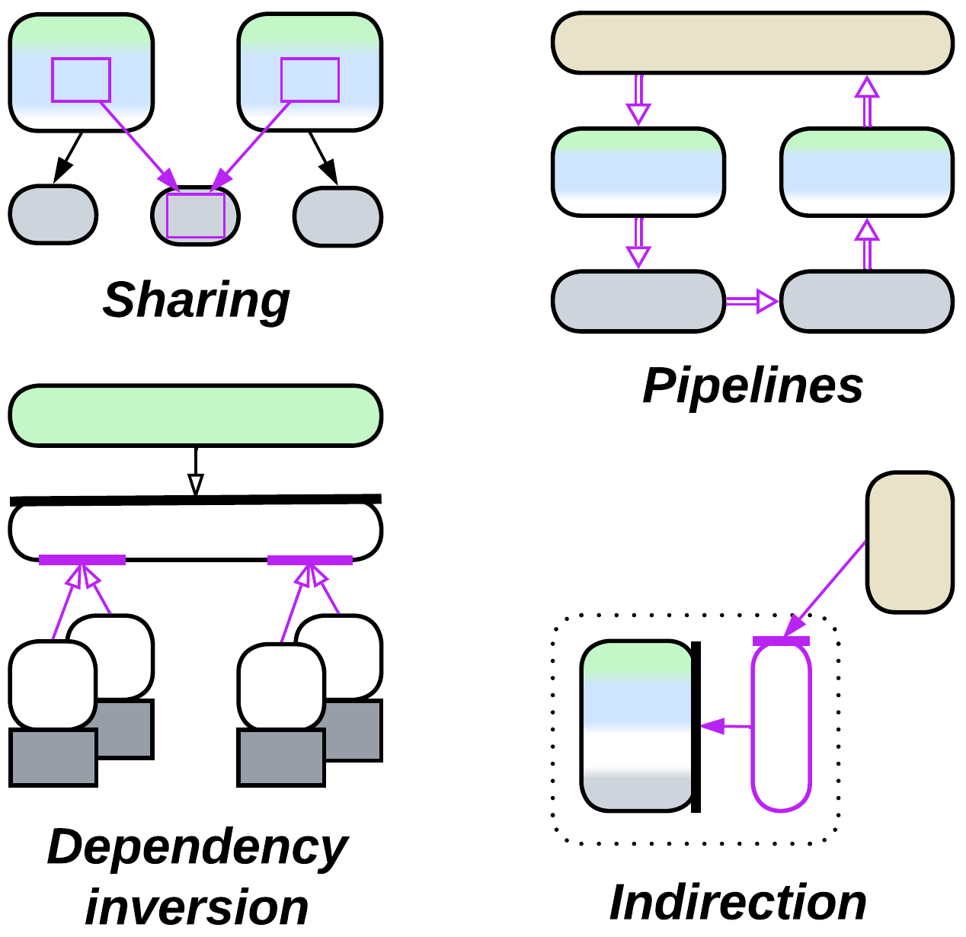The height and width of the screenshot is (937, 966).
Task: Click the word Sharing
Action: tap(196, 300)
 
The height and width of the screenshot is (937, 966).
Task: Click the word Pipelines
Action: tap(753, 385)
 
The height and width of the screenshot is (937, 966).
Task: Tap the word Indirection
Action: tap(737, 903)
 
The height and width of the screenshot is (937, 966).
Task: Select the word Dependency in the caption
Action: tap(197, 847)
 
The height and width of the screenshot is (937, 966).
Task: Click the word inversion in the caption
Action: tap(197, 907)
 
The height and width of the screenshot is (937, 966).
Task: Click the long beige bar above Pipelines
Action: tap(752, 43)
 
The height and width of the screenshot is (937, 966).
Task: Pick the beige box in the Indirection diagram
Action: tap(910, 542)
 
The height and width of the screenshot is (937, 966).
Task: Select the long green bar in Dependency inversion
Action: tap(195, 415)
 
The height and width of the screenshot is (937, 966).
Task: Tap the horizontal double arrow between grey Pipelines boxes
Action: tap(751, 302)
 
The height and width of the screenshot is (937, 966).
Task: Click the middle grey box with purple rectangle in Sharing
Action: tap(196, 216)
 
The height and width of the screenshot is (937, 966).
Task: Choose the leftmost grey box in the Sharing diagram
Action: tap(53, 215)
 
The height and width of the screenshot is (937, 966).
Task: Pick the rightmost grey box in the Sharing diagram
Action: tap(337, 216)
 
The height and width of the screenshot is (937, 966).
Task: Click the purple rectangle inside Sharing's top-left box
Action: tap(81, 79)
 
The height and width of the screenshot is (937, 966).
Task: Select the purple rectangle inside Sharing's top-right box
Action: tap(310, 79)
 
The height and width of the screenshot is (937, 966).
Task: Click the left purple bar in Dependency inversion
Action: tap(82, 560)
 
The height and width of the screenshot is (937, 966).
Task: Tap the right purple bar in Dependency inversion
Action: tap(310, 560)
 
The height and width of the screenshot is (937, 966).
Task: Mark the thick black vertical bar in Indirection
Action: tap(696, 727)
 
